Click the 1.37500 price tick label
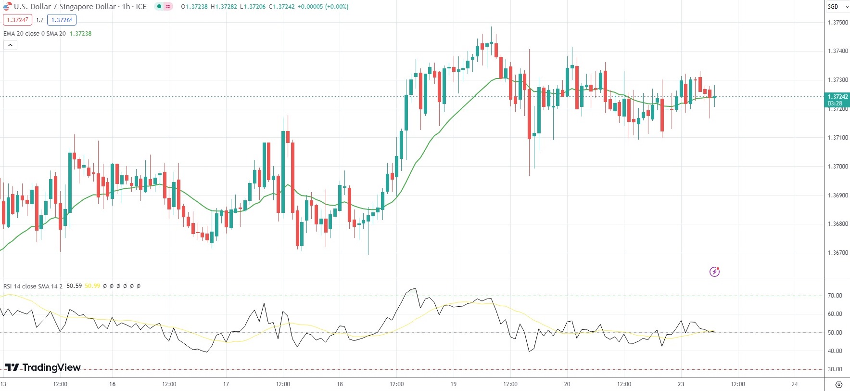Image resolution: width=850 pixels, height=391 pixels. click(x=837, y=23)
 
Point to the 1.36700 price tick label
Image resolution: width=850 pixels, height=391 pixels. click(x=837, y=253)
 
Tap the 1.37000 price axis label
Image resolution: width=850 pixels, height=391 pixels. click(x=837, y=167)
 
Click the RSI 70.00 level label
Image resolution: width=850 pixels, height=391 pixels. click(x=835, y=296)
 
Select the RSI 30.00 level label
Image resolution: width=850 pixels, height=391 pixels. click(x=835, y=369)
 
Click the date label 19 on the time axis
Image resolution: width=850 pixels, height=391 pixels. click(x=453, y=384)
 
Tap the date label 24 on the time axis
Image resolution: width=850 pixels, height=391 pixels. click(x=795, y=384)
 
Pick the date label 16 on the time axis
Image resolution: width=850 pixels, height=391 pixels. click(x=112, y=384)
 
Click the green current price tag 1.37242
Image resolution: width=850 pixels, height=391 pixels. click(x=837, y=97)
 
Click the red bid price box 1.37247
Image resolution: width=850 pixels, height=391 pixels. click(x=17, y=20)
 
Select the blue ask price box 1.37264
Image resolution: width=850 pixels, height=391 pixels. click(x=62, y=20)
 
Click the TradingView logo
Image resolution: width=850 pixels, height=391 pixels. click(x=43, y=367)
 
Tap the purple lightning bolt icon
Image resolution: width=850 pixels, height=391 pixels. click(x=714, y=272)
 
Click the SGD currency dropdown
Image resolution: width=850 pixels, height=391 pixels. click(x=837, y=7)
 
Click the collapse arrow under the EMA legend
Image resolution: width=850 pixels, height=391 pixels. click(x=10, y=45)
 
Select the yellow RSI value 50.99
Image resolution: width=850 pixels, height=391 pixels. click(x=92, y=286)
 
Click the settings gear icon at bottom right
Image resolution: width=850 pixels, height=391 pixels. click(x=839, y=384)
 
